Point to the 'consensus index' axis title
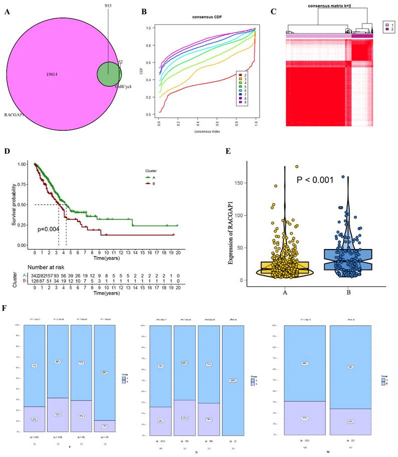[x=206, y=131]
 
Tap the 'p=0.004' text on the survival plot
[x=48, y=230]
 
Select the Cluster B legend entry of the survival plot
[x=149, y=184]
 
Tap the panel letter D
[x=7, y=149]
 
